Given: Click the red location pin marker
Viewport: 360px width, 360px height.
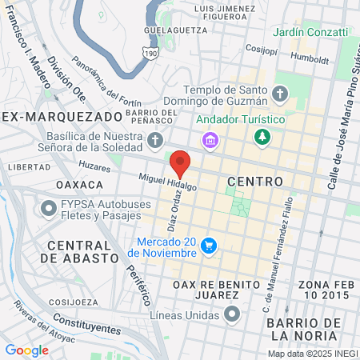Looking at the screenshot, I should click(180, 163).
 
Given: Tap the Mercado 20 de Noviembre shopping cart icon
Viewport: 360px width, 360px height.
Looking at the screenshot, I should click(210, 245).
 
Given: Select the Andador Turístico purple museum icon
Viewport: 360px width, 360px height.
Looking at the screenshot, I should click(210, 141).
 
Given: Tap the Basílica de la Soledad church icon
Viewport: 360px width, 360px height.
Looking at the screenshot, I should click(156, 142).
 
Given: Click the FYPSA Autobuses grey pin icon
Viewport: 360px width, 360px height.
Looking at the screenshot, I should click(46, 209).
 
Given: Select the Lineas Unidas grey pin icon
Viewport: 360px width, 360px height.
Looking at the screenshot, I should click(233, 313).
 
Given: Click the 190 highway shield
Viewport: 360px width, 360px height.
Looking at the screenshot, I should click(150, 52).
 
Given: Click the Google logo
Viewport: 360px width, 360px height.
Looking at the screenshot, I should click(27, 350).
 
